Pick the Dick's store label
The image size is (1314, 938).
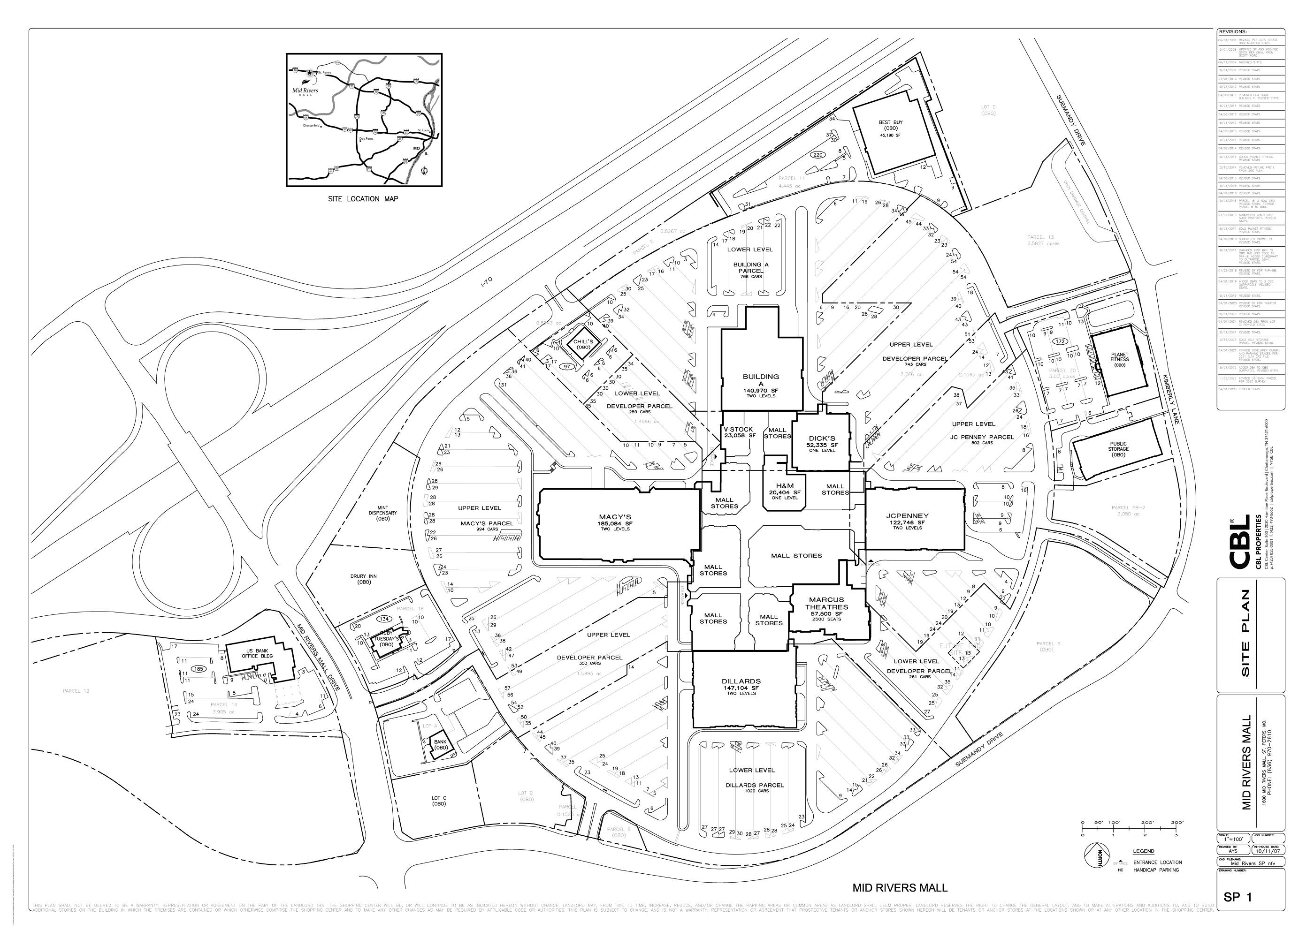click(x=822, y=439)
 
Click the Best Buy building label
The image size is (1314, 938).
click(x=890, y=122)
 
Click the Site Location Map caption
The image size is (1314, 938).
click(x=362, y=199)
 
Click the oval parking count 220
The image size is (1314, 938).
click(x=817, y=155)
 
